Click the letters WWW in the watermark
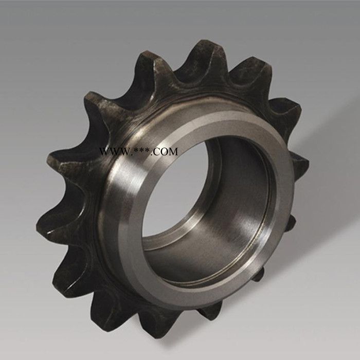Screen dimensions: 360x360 point(113,152)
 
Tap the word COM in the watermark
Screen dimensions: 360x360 point(166,152)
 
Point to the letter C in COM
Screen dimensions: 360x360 point(157,152)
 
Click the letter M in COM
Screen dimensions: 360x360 point(173,152)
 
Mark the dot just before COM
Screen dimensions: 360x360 point(151,154)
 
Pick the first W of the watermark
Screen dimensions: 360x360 point(104,152)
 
